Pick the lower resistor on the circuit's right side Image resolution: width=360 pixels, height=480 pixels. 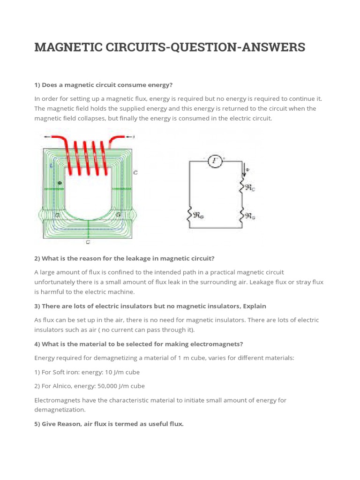click(x=243, y=215)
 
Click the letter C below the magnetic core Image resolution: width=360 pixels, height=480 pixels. click(x=88, y=242)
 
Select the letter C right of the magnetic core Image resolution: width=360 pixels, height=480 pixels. click(x=135, y=172)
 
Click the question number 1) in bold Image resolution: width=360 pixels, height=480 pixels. click(x=37, y=85)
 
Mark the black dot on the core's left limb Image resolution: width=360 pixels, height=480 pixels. click(x=59, y=182)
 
